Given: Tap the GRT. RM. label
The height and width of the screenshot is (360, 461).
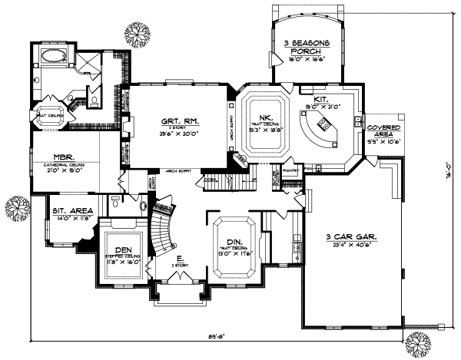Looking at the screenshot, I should point(170,121).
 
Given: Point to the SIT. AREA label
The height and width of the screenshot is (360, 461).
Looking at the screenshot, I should point(72,210).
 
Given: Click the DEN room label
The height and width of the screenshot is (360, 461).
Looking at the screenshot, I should point(124,249).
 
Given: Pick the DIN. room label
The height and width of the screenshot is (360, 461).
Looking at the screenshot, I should point(236,243).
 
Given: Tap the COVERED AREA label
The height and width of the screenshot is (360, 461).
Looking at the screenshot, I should point(381,130).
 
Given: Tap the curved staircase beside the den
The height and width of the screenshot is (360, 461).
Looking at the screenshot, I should point(163,228).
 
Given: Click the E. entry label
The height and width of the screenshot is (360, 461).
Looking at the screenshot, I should point(179,259).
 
